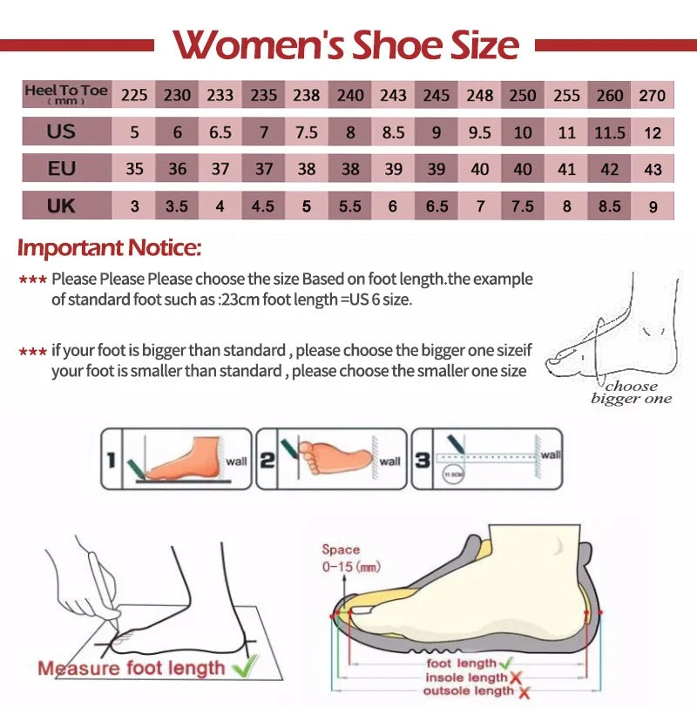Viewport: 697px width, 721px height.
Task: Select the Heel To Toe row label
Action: pos(66,94)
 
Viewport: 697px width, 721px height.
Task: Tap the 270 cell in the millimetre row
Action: pos(653,95)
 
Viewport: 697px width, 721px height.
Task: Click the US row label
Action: pos(62,131)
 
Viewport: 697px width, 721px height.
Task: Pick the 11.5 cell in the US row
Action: pos(610,132)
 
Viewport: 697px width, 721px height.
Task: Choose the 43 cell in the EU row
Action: pos(653,169)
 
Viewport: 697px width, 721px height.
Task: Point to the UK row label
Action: pos(62,206)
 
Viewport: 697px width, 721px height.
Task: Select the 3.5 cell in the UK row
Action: pos(177,206)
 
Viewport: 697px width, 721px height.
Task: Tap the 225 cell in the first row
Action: pos(134,95)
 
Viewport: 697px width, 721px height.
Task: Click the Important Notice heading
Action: pos(110,248)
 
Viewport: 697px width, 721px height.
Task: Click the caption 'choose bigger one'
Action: pos(632,392)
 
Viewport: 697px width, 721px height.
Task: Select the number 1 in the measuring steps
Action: pos(111,459)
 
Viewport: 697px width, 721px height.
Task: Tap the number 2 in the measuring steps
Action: pos(267,459)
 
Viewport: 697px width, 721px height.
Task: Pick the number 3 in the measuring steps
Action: pos(423,459)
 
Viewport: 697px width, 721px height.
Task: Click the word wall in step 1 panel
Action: pos(235,462)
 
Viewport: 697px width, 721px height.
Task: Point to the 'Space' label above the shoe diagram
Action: pos(340,549)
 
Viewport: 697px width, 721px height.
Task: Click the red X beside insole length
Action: pos(516,677)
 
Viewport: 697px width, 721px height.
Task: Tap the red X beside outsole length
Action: pos(524,692)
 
